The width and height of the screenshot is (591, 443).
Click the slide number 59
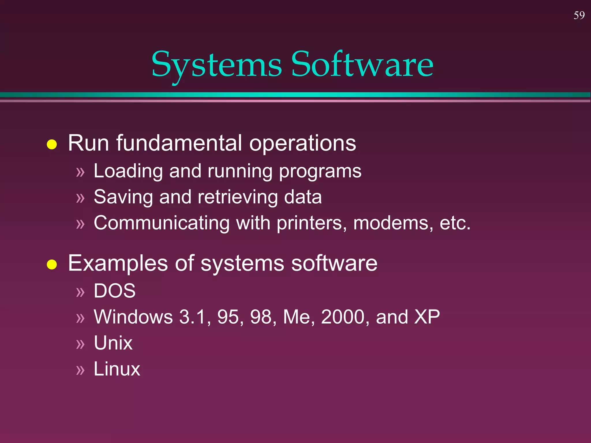(x=579, y=15)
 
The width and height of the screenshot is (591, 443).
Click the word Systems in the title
(x=216, y=65)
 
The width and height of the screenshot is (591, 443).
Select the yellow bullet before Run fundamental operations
(x=52, y=144)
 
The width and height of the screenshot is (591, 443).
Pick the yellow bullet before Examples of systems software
(x=52, y=264)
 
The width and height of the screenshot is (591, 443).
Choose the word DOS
(x=115, y=291)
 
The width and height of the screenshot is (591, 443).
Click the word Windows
(x=133, y=317)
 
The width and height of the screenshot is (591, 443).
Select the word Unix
(x=113, y=343)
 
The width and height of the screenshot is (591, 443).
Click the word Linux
(x=117, y=369)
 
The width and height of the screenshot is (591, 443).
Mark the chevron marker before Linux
(x=80, y=370)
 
